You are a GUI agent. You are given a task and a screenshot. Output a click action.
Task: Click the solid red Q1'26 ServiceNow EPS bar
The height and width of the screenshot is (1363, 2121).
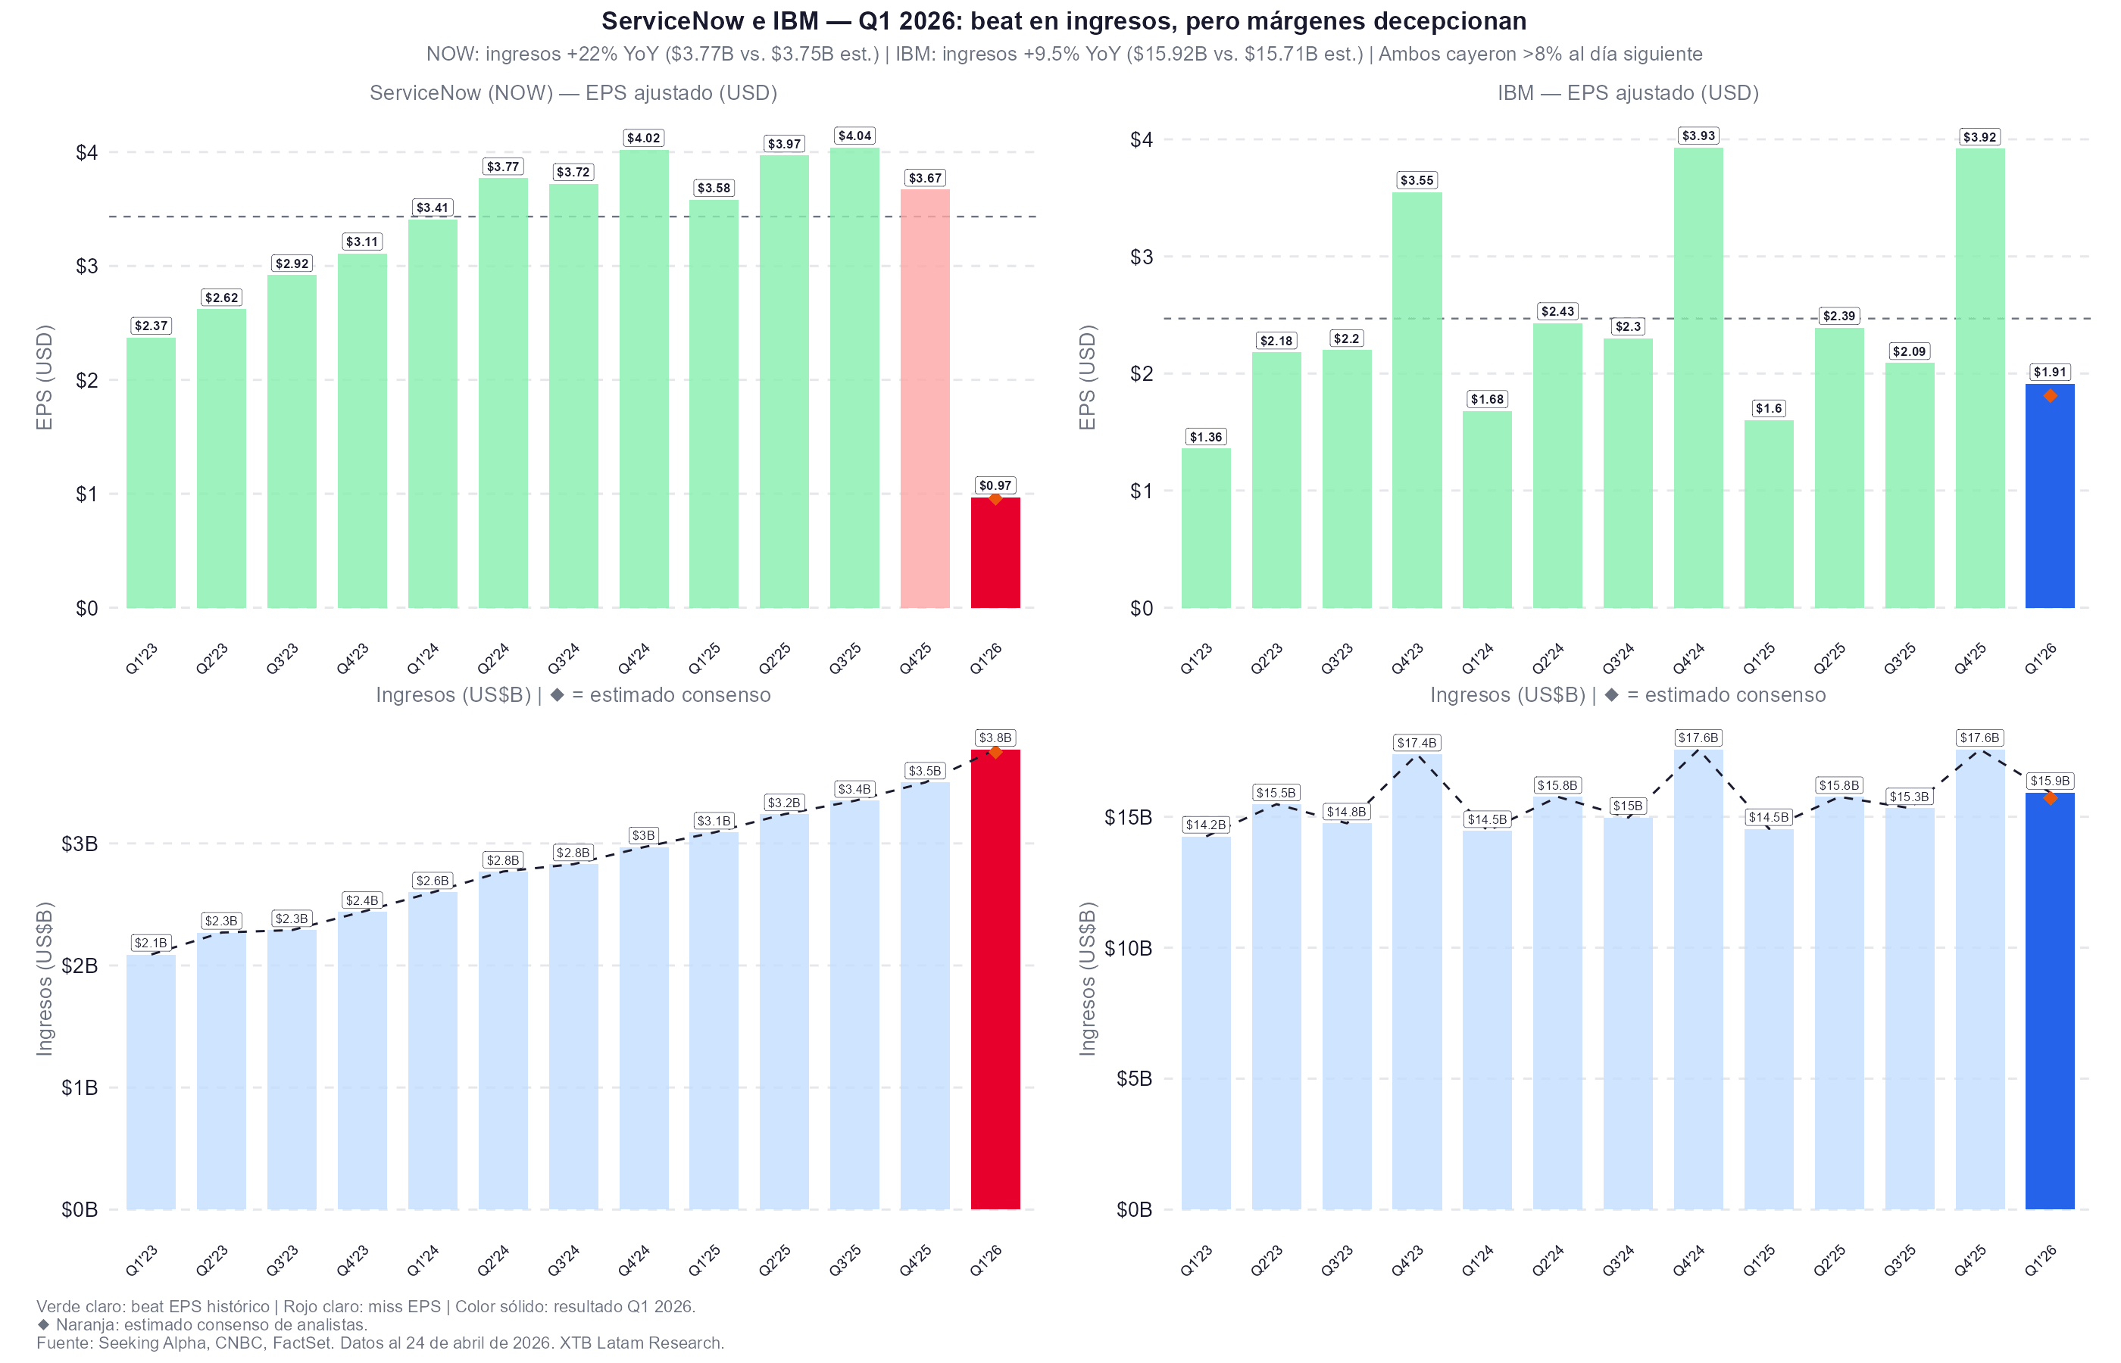click(995, 554)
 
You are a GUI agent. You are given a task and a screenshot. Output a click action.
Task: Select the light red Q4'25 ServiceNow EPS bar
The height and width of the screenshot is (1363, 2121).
click(924, 398)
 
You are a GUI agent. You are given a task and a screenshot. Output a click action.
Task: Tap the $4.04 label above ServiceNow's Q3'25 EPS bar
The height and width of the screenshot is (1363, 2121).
click(854, 136)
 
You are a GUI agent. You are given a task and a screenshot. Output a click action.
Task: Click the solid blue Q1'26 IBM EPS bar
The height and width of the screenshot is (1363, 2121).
click(2049, 496)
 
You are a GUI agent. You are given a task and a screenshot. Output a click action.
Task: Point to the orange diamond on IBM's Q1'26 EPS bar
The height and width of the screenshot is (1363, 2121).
click(2049, 395)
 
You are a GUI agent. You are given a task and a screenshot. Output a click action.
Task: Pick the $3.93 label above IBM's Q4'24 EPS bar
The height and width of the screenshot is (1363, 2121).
click(1698, 136)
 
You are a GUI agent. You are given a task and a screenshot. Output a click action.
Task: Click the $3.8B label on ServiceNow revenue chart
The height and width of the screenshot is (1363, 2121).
click(995, 738)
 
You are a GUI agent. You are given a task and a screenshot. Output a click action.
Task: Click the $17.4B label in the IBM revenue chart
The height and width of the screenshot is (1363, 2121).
click(1417, 743)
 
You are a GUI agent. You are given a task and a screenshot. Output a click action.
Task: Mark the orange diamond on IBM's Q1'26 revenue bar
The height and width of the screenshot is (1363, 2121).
click(2049, 798)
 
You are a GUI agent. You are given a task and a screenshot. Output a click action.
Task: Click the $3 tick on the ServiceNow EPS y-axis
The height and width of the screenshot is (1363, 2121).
click(87, 267)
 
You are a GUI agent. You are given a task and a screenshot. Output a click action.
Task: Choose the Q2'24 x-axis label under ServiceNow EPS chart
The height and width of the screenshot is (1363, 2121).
click(493, 659)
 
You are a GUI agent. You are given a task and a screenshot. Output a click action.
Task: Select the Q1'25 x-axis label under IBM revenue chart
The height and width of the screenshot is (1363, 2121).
click(1758, 1260)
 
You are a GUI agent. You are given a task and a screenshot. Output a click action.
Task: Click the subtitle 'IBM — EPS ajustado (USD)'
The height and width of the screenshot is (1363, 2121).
click(1627, 93)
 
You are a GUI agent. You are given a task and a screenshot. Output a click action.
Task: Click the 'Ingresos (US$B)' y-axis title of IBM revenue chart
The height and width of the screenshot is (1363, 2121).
click(1088, 978)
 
